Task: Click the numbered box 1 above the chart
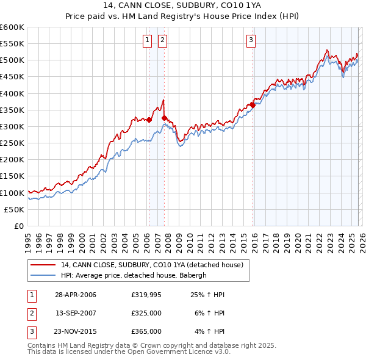coord(148,41)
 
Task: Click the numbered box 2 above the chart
coord(163,41)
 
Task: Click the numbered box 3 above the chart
coord(251,41)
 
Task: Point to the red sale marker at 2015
coord(253,105)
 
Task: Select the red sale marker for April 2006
coord(149,120)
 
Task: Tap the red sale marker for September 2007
coord(164,118)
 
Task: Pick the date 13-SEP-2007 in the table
coord(76,313)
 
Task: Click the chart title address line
coord(183,6)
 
